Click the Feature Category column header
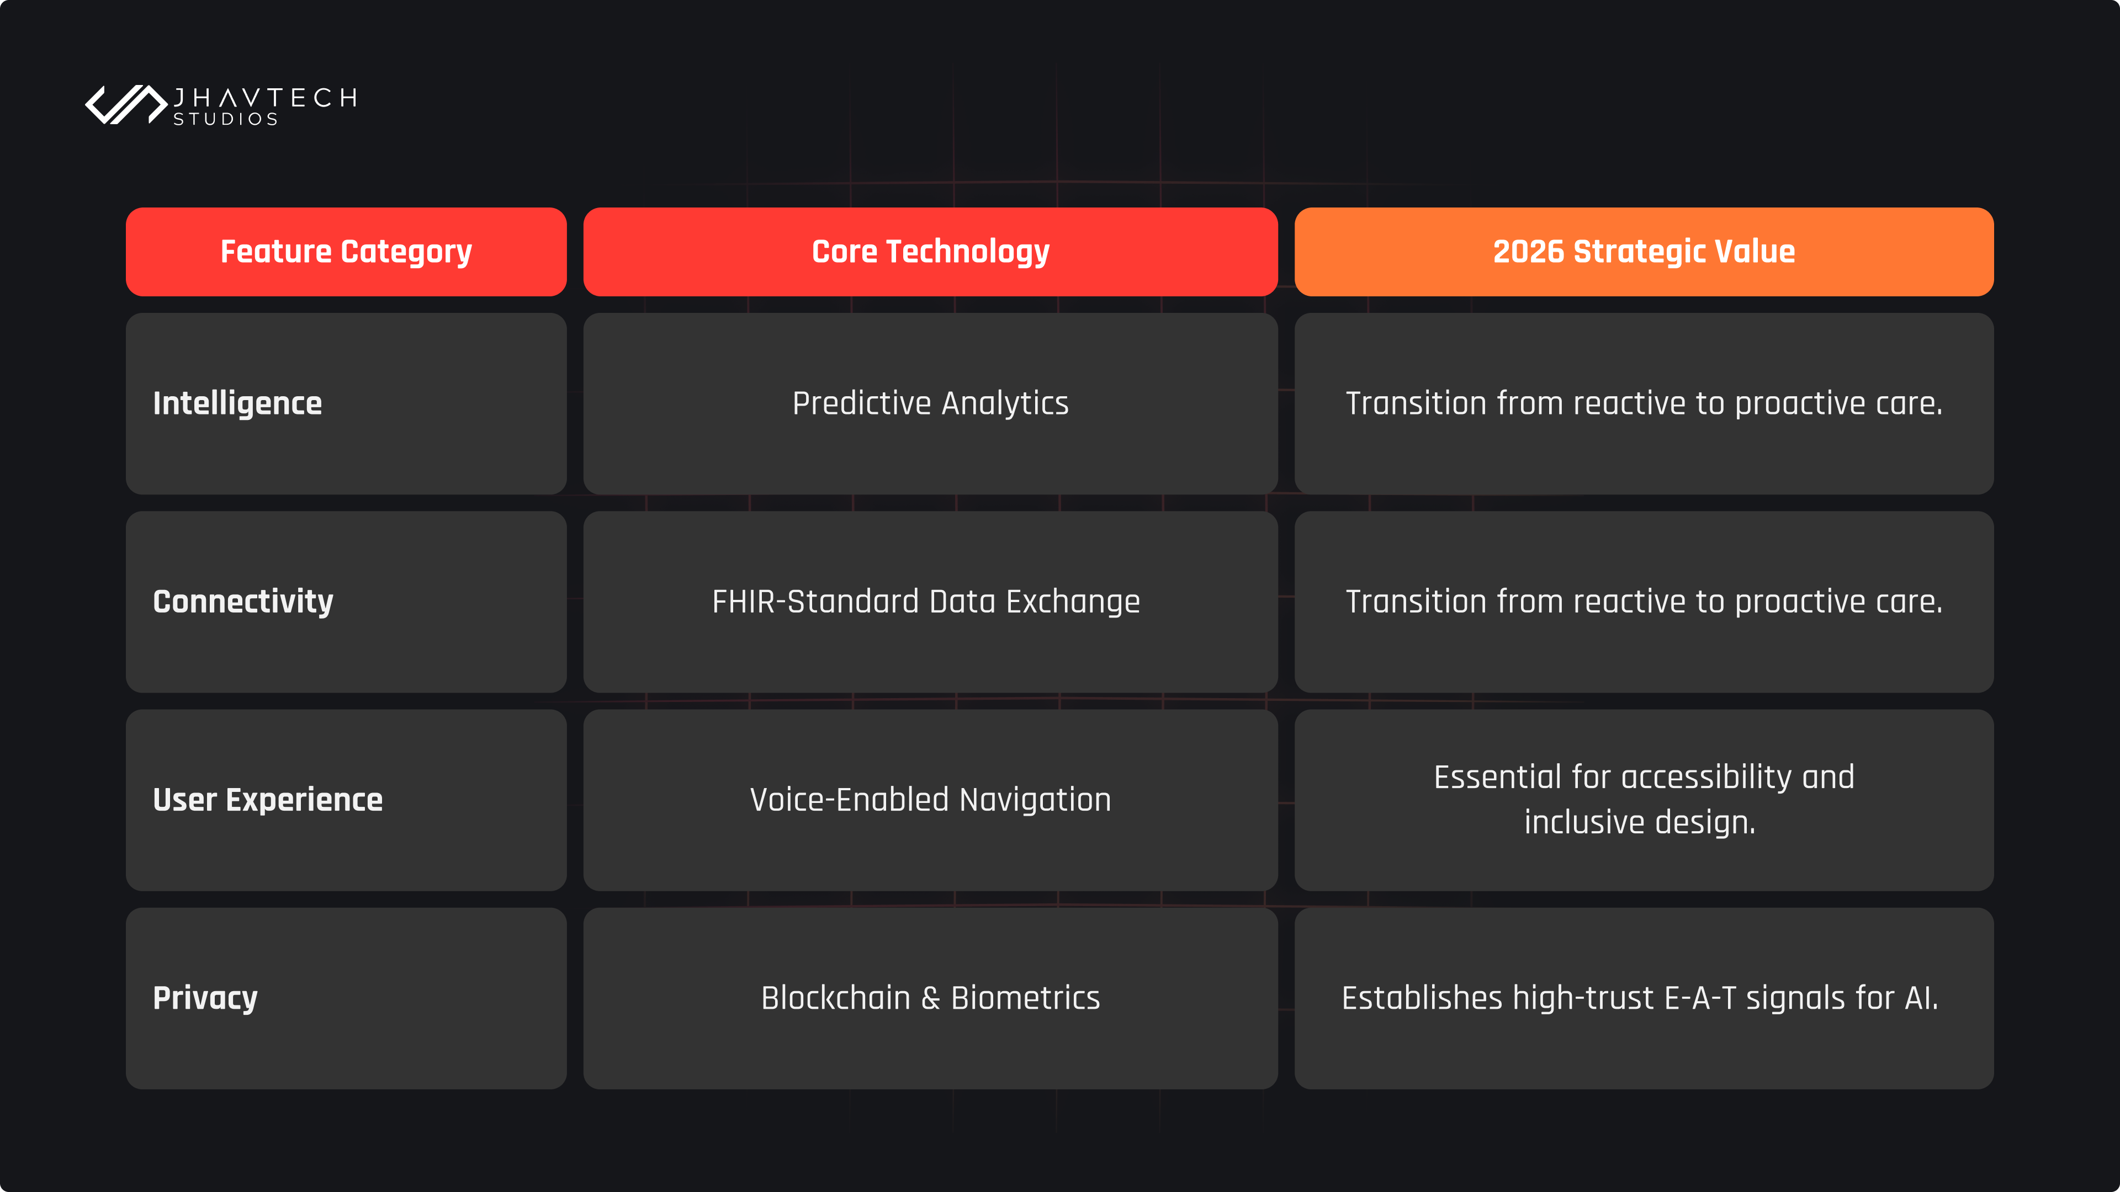[346, 252]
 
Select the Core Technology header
[930, 252]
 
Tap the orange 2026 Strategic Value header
[1644, 252]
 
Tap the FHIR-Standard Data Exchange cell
[930, 602]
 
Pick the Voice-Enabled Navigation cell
[930, 800]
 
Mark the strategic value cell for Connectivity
[1644, 602]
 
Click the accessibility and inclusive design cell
[1644, 800]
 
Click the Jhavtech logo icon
[126, 104]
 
